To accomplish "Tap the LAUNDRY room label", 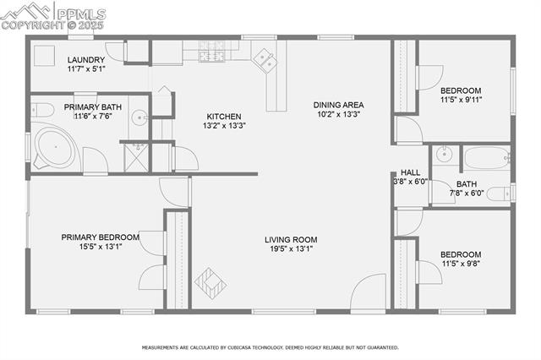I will (86, 59).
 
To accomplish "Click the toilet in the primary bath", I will (38, 108).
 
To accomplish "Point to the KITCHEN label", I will (224, 117).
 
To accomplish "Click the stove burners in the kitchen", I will (210, 53).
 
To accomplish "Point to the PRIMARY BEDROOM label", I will (100, 237).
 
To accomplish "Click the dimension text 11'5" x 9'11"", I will (460, 100).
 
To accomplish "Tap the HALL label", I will (410, 172).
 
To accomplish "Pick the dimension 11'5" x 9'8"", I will (460, 264).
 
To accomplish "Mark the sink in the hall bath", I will (443, 155).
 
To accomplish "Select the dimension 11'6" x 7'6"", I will (94, 117).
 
